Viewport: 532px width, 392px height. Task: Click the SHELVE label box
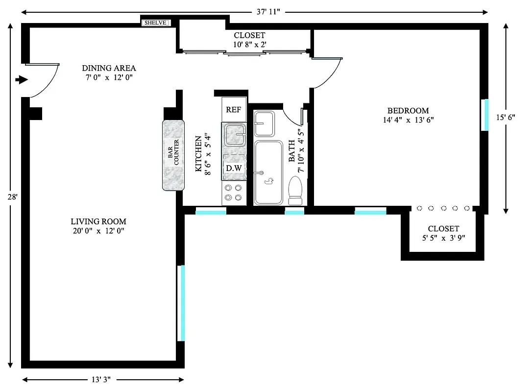[156, 23]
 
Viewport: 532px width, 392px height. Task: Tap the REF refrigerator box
[234, 110]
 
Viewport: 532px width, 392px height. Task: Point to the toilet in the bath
[295, 191]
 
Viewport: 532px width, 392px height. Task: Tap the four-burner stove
[233, 193]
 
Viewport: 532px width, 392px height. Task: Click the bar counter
[173, 155]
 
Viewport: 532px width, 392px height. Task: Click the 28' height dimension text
[12, 196]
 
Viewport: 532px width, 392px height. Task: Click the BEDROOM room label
[408, 111]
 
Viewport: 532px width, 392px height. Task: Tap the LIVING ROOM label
[98, 221]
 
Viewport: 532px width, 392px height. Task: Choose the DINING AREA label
[109, 68]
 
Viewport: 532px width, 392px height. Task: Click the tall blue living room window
[181, 303]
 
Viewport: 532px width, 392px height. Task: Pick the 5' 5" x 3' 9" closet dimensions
[443, 238]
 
